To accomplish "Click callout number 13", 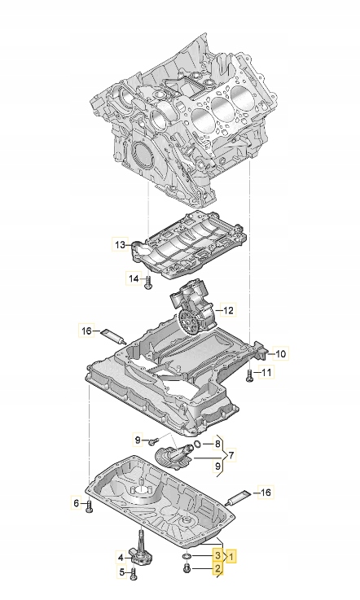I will coord(120,244).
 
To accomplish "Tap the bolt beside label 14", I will coord(149,282).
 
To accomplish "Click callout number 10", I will coord(279,353).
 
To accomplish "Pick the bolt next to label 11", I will coord(248,374).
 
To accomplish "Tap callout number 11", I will coord(268,373).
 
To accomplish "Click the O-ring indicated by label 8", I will coord(196,445).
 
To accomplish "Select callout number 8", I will coord(217,445).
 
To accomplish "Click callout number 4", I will coord(120,558).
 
